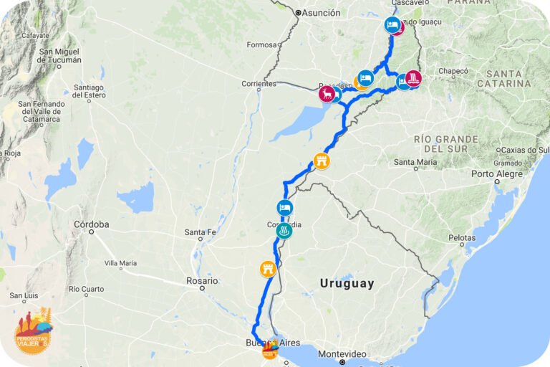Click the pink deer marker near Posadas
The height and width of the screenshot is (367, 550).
(327, 94)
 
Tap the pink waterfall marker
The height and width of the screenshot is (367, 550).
(413, 77)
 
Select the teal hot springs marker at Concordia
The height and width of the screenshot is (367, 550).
(284, 231)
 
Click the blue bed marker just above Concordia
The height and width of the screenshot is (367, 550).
(284, 209)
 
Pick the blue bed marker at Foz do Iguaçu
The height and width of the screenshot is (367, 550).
(391, 25)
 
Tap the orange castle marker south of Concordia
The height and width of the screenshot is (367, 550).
(267, 270)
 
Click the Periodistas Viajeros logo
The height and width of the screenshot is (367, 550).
(33, 331)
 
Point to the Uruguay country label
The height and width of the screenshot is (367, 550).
(347, 283)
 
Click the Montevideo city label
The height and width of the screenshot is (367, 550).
(342, 354)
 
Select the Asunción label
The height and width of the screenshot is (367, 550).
(320, 12)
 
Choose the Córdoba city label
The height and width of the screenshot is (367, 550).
(91, 224)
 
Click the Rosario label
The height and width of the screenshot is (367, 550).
(201, 280)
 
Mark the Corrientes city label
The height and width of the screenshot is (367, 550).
(259, 84)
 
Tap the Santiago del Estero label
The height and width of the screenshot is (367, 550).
(89, 91)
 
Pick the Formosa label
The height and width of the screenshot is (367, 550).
(261, 44)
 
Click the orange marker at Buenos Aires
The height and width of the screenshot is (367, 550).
(270, 350)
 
